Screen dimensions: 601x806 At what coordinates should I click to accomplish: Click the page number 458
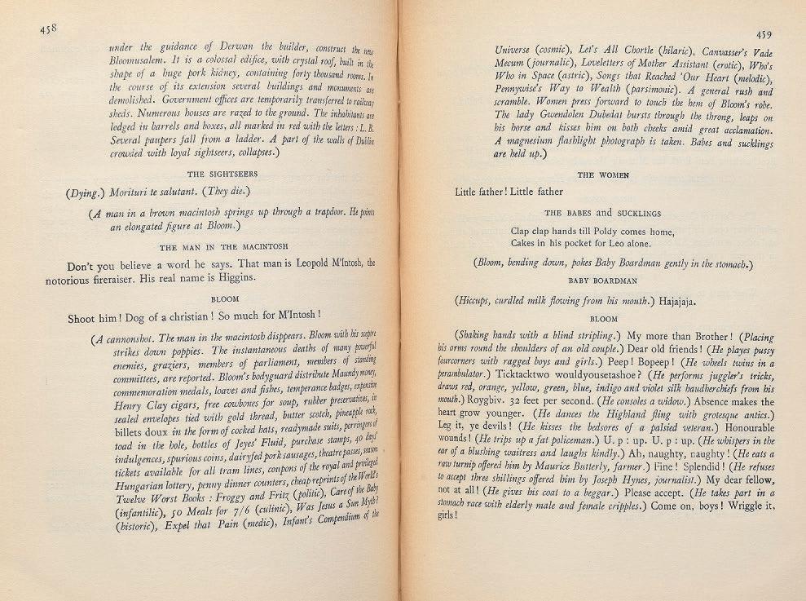point(46,29)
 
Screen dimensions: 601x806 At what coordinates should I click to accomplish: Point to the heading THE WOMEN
point(603,175)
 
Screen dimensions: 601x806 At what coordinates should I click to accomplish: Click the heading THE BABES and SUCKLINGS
point(604,214)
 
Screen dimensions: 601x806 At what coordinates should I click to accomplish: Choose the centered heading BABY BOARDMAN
point(603,280)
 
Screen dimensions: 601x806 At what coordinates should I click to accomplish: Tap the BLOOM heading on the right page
point(604,319)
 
